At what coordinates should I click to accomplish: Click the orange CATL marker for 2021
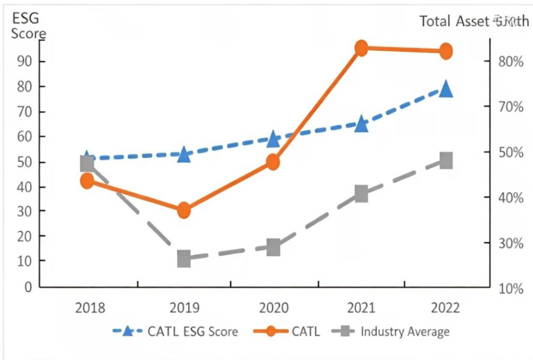361,48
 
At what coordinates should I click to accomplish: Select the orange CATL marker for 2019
184,210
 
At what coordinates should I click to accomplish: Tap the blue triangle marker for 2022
446,89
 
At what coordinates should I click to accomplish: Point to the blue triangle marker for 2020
273,139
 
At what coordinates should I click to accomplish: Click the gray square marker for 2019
184,259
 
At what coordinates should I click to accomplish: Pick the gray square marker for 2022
446,160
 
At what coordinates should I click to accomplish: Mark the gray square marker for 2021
361,195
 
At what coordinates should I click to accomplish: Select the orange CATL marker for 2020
273,162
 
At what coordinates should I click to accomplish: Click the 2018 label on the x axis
90,308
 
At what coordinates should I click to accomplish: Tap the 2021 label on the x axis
361,308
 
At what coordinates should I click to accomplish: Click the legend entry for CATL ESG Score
175,332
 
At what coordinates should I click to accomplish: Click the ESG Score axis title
28,26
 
